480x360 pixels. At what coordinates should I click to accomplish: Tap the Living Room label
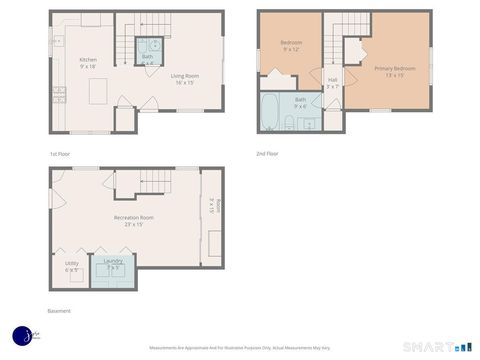click(x=184, y=79)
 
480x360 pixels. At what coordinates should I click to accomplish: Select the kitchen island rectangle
click(x=98, y=92)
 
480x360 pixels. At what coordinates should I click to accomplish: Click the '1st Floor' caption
click(x=60, y=154)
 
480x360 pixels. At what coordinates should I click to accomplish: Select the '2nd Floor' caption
click(x=266, y=154)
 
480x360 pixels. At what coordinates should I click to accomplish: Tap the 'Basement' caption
click(x=60, y=311)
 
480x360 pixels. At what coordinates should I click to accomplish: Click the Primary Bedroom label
click(x=390, y=71)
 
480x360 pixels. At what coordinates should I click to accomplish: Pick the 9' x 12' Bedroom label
click(x=291, y=46)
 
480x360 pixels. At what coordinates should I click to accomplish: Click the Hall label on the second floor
click(x=332, y=82)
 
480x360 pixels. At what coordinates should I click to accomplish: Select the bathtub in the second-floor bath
click(x=270, y=112)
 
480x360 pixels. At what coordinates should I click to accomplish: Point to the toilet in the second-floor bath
click(x=289, y=123)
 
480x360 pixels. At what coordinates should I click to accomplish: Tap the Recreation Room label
click(x=133, y=220)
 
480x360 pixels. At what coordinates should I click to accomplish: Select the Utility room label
click(x=71, y=267)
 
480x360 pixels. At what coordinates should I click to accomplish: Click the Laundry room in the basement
click(x=113, y=267)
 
